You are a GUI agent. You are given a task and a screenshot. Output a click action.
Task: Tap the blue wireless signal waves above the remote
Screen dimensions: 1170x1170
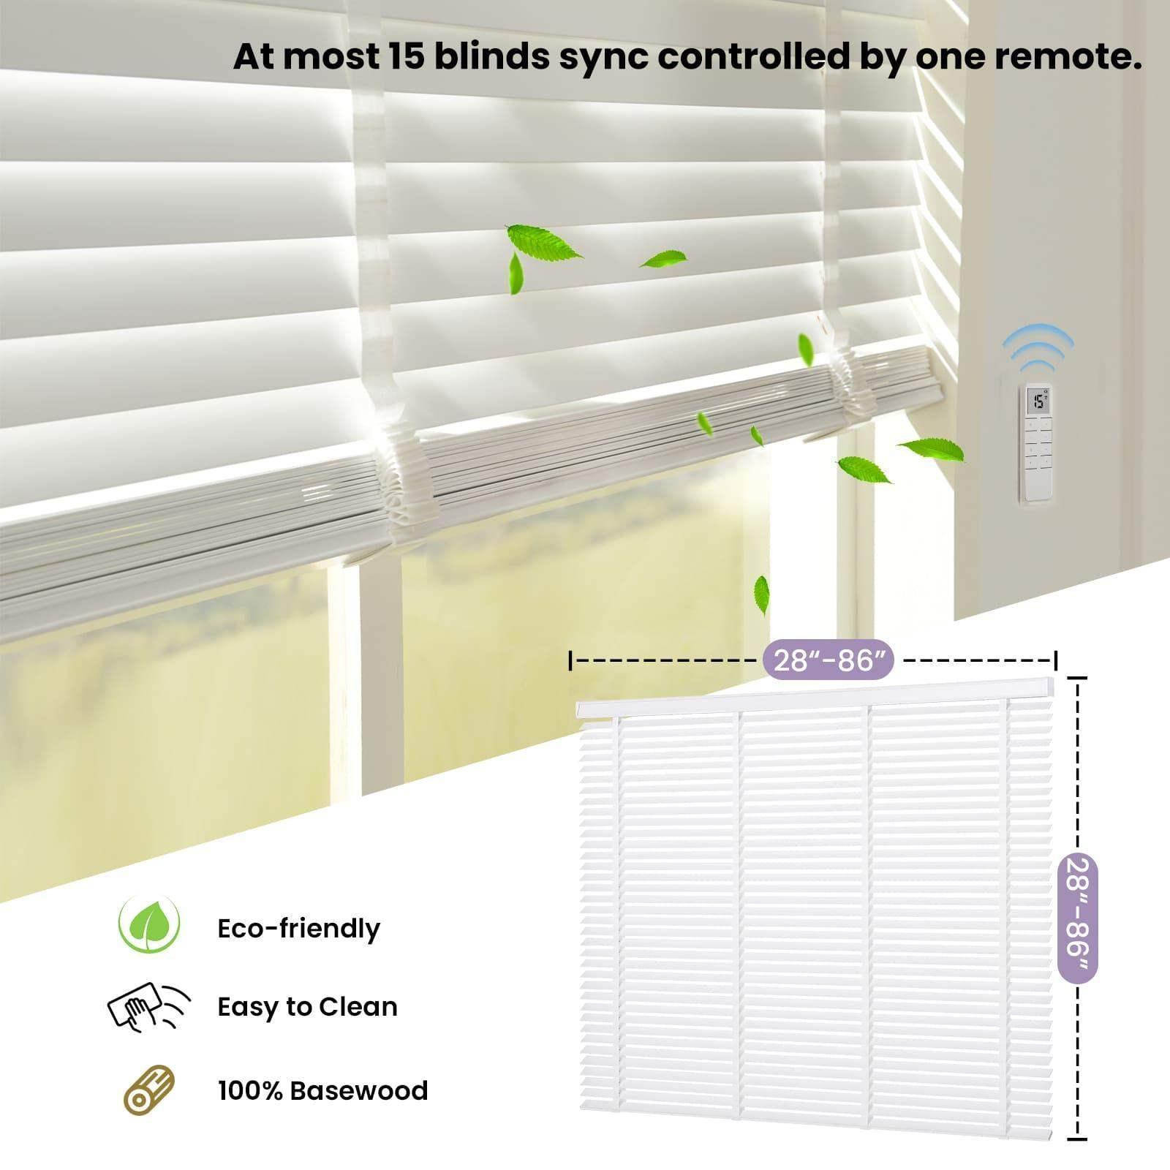click(x=1038, y=348)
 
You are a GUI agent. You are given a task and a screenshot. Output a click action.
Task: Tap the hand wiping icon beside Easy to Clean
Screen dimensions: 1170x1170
click(x=148, y=1007)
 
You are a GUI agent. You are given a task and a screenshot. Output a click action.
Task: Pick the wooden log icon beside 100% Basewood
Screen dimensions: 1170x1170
click(x=150, y=1090)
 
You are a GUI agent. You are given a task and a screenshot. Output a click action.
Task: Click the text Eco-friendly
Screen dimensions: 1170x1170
click(x=298, y=929)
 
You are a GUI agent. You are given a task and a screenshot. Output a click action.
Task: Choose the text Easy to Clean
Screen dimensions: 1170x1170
click(x=307, y=1007)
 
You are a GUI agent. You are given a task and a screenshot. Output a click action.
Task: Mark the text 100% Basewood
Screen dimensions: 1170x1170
click(x=322, y=1090)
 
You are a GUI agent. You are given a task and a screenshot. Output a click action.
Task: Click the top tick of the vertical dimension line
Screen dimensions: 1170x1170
click(x=1076, y=679)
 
